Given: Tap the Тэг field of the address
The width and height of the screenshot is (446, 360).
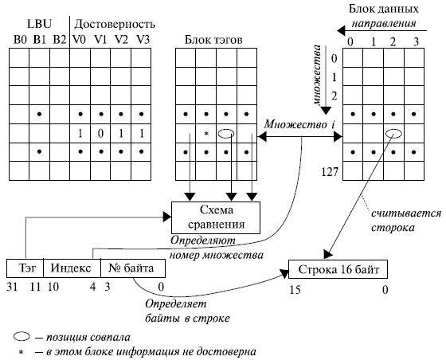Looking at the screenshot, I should (x=24, y=268).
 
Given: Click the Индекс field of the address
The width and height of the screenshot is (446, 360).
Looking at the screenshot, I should (x=71, y=268).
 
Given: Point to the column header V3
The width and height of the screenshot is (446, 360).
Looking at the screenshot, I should (x=142, y=38).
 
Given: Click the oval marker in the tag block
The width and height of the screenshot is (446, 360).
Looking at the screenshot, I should (x=226, y=133).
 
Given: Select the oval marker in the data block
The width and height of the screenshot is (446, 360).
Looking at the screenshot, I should (x=394, y=134).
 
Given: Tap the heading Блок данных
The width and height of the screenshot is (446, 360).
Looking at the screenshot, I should (x=385, y=9).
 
